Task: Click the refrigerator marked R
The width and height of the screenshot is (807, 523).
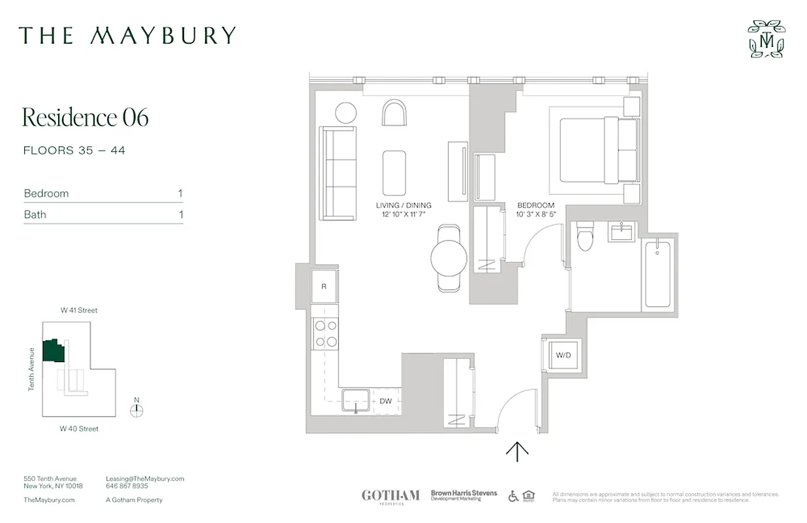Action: pyautogui.click(x=324, y=286)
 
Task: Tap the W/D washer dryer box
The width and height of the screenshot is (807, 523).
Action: pyautogui.click(x=563, y=356)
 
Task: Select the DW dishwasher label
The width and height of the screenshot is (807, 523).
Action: pyautogui.click(x=386, y=401)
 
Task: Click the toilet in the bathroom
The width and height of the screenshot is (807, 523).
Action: pyautogui.click(x=584, y=236)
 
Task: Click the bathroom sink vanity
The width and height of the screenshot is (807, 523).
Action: pyautogui.click(x=621, y=231)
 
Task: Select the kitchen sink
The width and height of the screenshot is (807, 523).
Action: pyautogui.click(x=355, y=401)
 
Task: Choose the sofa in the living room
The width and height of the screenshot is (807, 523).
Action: pyautogui.click(x=337, y=173)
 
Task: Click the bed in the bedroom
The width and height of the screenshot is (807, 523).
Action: pyautogui.click(x=597, y=150)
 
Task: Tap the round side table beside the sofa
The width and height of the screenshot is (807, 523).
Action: pyautogui.click(x=345, y=112)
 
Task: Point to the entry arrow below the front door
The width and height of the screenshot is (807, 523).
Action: pyautogui.click(x=517, y=451)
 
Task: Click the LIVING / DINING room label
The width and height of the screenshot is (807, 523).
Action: pyautogui.click(x=403, y=205)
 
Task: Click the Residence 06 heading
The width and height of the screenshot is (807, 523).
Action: pyautogui.click(x=86, y=117)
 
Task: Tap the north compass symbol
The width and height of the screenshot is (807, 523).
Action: pyautogui.click(x=136, y=411)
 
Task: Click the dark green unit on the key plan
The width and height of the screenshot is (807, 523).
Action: pyautogui.click(x=53, y=351)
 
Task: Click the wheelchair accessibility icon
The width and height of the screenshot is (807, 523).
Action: pyautogui.click(x=513, y=496)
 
